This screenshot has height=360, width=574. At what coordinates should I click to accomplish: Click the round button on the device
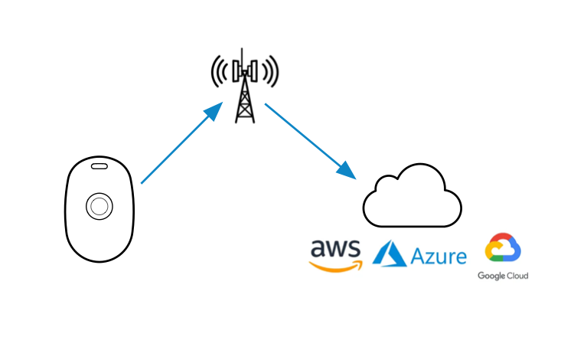click(99, 205)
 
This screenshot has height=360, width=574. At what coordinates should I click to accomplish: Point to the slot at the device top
click(99, 165)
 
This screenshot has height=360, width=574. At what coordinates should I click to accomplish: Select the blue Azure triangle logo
click(388, 253)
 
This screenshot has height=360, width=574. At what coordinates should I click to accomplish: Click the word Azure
click(439, 255)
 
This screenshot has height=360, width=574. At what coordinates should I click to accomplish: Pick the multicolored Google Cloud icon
click(503, 249)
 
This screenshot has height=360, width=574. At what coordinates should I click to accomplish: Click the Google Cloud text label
click(503, 276)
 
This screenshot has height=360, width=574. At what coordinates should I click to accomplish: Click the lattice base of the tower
click(244, 107)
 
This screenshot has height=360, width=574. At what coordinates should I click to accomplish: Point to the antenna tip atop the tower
click(243, 52)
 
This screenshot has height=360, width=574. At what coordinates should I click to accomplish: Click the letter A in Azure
click(418, 255)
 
